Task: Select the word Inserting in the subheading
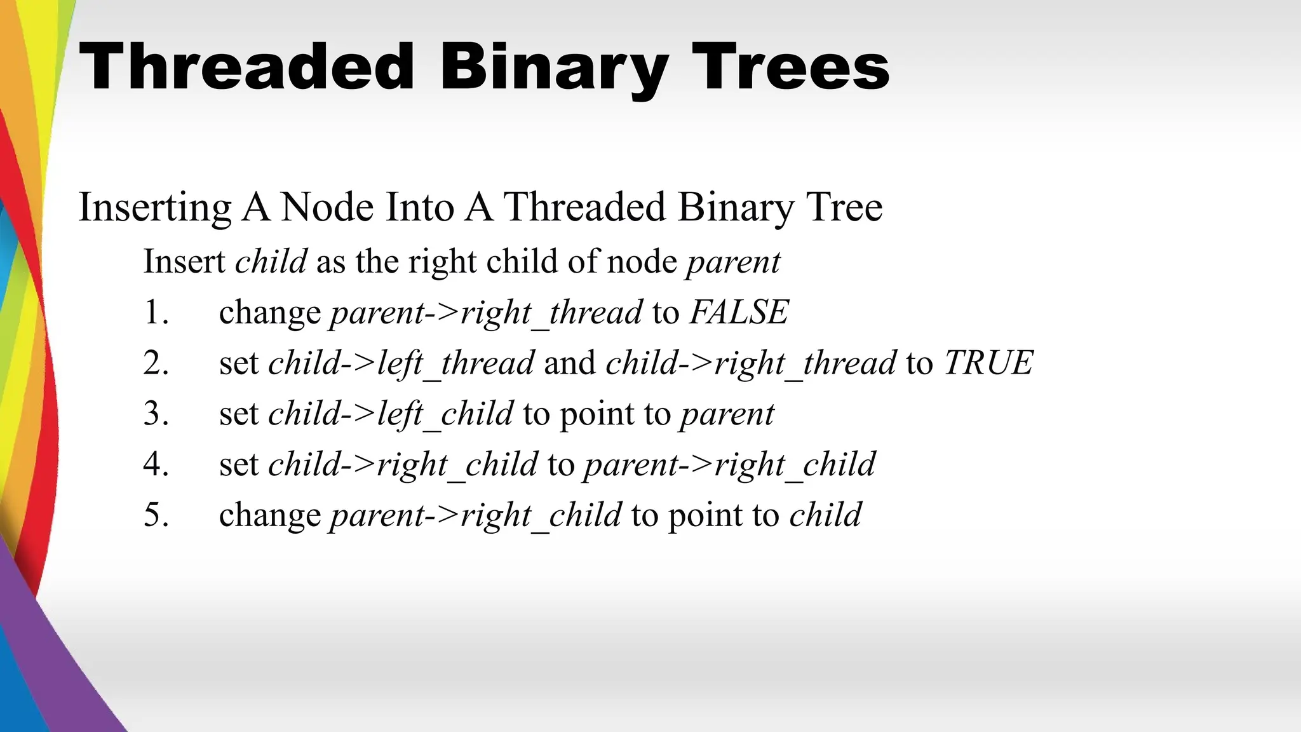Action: [x=154, y=208]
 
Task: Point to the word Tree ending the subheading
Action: [x=844, y=207]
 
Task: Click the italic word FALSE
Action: [x=739, y=312]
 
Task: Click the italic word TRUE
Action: [x=988, y=363]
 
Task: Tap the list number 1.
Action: [x=156, y=313]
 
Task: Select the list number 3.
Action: [x=156, y=414]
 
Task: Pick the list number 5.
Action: [x=156, y=515]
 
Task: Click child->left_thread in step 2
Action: [x=401, y=363]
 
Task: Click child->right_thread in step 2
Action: [x=751, y=363]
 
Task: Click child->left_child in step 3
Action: [x=391, y=414]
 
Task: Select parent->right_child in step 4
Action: [x=729, y=465]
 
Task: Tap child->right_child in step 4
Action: [x=403, y=465]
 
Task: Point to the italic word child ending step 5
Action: [x=825, y=515]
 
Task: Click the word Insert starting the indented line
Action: [x=184, y=261]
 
